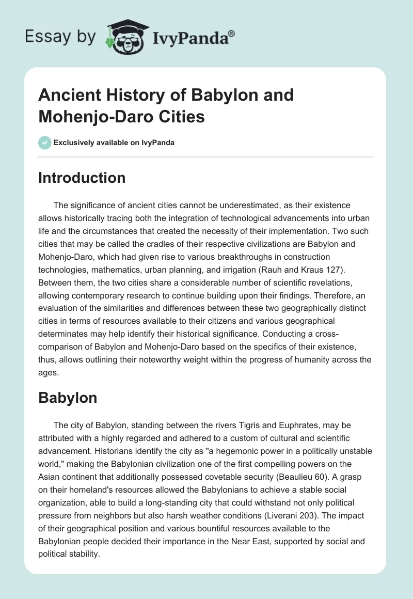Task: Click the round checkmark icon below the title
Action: (x=44, y=143)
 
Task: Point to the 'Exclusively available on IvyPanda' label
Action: (x=114, y=143)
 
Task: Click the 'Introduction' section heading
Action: (x=82, y=178)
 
